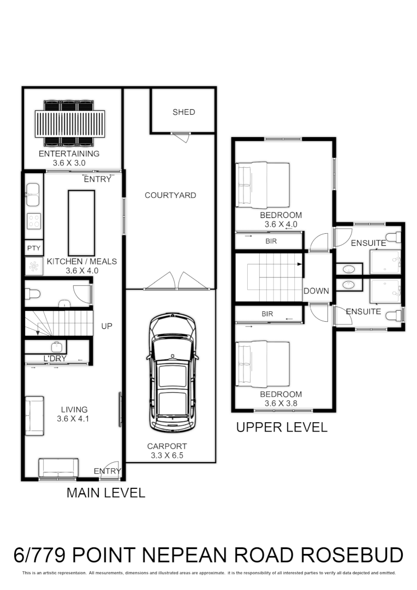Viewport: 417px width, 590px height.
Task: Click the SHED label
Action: (183, 112)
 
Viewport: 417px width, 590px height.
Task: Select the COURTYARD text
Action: (170, 195)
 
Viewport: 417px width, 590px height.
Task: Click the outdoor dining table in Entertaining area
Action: (69, 123)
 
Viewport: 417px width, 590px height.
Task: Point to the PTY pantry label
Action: (33, 248)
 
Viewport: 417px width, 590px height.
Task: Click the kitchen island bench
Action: (81, 222)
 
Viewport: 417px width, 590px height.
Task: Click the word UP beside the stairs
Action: (106, 326)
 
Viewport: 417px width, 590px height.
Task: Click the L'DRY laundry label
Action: (55, 358)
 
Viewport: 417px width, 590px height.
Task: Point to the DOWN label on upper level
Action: (316, 291)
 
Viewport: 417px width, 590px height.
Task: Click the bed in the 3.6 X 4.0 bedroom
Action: (262, 185)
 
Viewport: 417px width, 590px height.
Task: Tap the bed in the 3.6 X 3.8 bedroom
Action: (262, 364)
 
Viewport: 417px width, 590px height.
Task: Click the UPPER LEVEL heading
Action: (281, 427)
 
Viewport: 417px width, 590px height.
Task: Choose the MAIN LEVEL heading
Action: (106, 493)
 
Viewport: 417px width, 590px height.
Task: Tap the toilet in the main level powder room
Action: (33, 294)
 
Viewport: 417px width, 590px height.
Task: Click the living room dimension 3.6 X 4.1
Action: (74, 419)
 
